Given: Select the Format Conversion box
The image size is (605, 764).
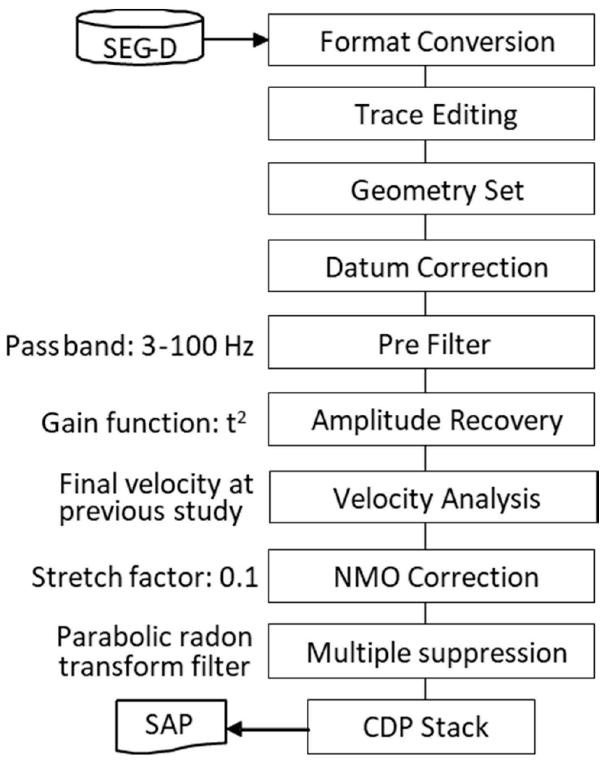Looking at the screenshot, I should click(431, 40).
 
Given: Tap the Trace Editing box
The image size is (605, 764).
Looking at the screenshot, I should click(431, 114).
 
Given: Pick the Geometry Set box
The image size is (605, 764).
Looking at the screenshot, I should click(431, 189).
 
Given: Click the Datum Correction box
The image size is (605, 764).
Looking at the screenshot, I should click(431, 266).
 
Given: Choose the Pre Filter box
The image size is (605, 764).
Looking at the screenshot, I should click(431, 342).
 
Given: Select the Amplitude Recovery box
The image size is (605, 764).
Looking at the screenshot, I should click(431, 419).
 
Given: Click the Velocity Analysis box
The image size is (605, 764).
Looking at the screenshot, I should click(433, 497).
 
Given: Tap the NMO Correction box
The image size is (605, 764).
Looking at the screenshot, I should click(431, 576).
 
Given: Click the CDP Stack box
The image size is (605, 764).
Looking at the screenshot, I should click(421, 727).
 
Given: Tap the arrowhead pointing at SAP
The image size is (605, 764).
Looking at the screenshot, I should click(234, 729).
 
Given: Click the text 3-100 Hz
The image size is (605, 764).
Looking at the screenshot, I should click(197, 346).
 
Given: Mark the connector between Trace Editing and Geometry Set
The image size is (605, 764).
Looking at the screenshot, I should click(425, 151).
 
